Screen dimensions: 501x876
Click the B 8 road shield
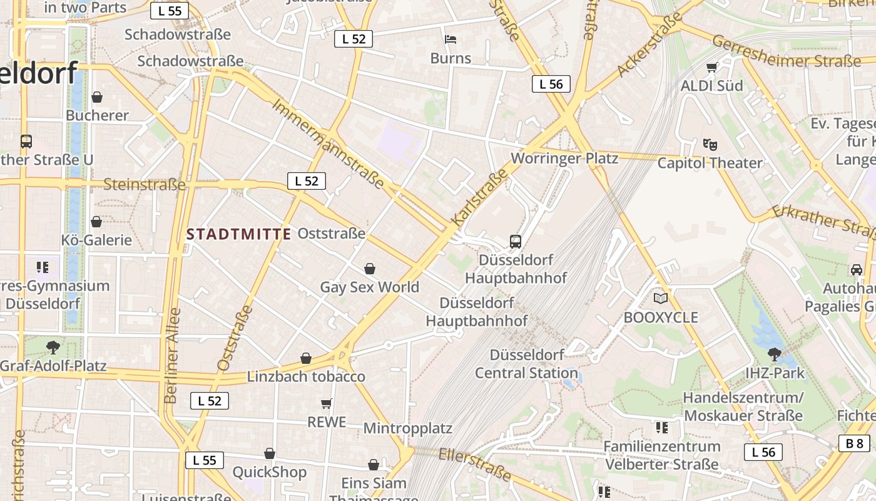pyautogui.click(x=854, y=444)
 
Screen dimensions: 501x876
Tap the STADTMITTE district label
pyautogui.click(x=239, y=234)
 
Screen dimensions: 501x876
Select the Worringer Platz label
pyautogui.click(x=564, y=158)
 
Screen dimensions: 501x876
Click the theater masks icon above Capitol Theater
pyautogui.click(x=710, y=145)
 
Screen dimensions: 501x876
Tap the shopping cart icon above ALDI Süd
pyautogui.click(x=711, y=67)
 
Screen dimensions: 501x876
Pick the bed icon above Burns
pyautogui.click(x=451, y=39)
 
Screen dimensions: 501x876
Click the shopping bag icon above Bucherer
pyautogui.click(x=97, y=97)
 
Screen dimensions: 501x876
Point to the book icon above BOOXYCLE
pyautogui.click(x=661, y=299)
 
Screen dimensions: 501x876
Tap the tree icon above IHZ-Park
pyautogui.click(x=775, y=354)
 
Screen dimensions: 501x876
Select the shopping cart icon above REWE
pyautogui.click(x=326, y=403)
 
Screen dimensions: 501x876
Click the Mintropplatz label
pyautogui.click(x=408, y=429)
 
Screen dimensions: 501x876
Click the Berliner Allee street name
pyautogui.click(x=172, y=355)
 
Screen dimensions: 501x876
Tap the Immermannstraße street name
pyautogui.click(x=328, y=143)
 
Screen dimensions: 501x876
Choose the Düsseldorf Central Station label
pyautogui.click(x=527, y=364)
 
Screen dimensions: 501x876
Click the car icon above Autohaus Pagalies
pyautogui.click(x=857, y=270)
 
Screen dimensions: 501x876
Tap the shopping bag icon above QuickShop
pyautogui.click(x=270, y=453)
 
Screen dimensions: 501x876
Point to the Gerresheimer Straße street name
pyautogui.click(x=787, y=53)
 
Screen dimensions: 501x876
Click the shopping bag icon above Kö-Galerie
pyautogui.click(x=96, y=222)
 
